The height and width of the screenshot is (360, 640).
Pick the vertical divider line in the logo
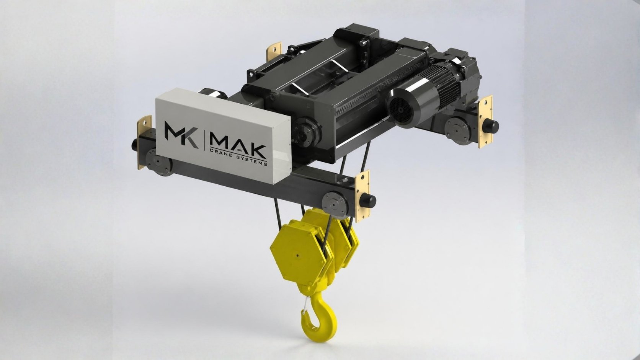pyautogui.click(x=204, y=140)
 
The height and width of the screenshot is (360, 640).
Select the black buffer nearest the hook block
pyautogui.click(x=367, y=200)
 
